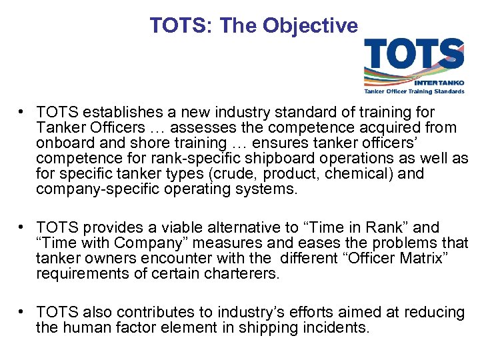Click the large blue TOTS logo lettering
coord(413,55)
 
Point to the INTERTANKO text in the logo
coord(438,83)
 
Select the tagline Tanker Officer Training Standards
coord(413,91)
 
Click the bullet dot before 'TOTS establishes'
coord(23,113)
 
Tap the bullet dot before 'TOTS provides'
coord(23,228)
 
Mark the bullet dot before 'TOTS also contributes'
coord(23,313)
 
